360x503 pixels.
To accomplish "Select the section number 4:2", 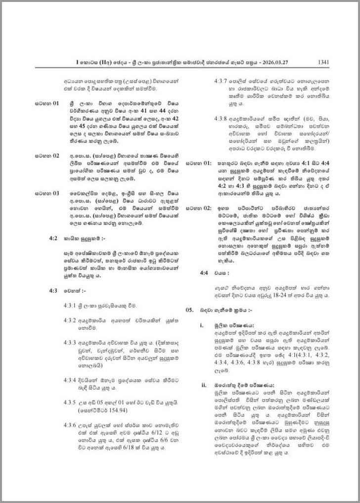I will pos(54,238).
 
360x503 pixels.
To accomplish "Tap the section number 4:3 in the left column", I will pos(54,291).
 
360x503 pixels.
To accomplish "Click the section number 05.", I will pos(189,310).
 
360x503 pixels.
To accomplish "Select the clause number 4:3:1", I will pos(70,306).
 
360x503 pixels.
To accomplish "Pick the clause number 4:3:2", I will pos(70,320).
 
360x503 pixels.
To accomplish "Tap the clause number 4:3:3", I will pos(70,342).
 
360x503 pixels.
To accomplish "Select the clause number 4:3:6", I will pos(70,425).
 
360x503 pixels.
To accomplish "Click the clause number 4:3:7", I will pos(221,81).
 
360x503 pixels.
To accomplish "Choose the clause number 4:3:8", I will pos(221,119).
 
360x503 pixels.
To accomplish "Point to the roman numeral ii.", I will pos(204,385).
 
